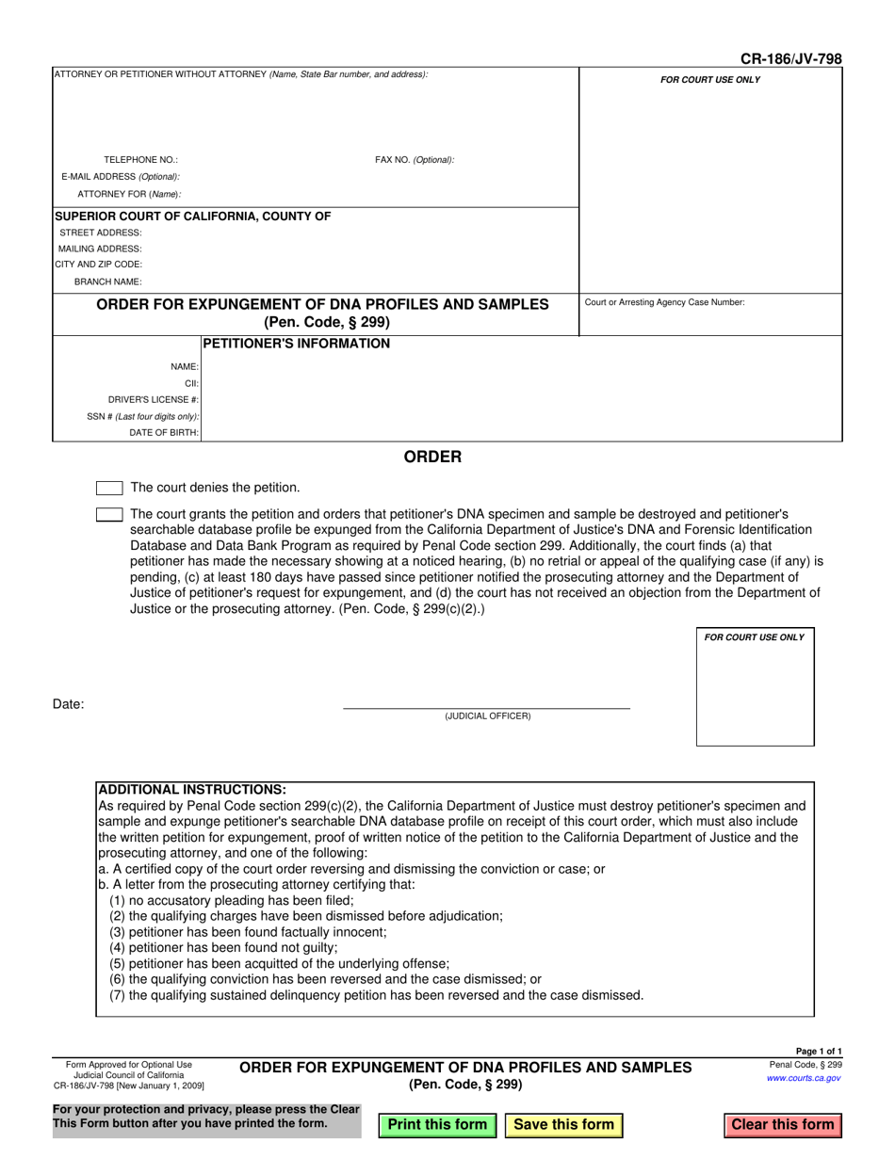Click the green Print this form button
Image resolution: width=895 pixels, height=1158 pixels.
coord(437,1124)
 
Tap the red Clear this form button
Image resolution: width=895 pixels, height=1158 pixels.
coord(783,1124)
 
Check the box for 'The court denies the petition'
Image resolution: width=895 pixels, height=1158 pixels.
coord(109,488)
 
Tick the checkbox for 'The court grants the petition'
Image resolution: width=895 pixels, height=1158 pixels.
coord(109,515)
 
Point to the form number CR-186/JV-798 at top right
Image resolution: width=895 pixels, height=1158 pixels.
coord(791,59)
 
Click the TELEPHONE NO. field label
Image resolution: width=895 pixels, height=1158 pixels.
coord(140,160)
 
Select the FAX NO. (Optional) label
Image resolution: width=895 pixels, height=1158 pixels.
coord(415,160)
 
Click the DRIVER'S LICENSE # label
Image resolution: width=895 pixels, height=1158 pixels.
coord(154,399)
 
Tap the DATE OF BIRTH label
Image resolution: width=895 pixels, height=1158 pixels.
coord(164,433)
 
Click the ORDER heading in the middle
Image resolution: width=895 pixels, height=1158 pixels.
coord(432,458)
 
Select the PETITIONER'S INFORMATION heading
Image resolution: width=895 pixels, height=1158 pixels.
coord(297,344)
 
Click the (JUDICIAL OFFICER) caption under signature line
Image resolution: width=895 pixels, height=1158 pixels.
coord(488,716)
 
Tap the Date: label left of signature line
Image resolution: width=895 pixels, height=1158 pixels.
coord(69,704)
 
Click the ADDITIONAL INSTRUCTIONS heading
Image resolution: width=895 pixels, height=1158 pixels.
coord(192,790)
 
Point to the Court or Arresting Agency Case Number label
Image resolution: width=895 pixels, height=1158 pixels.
coord(665,302)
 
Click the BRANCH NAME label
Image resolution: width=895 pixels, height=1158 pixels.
coord(108,281)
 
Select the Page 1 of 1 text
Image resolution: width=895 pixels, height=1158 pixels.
coord(819,1052)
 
